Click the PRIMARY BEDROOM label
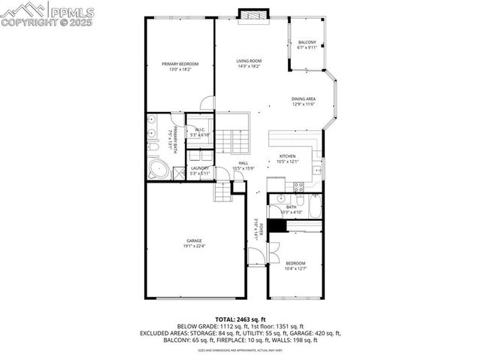pos(180,64)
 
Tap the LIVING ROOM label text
pos(249,61)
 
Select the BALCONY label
pos(307,42)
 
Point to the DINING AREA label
pos(304,98)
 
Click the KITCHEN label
pos(288,156)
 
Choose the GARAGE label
pos(194,241)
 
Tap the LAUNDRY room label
pos(199,168)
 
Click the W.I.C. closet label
pos(200,130)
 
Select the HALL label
pos(244,162)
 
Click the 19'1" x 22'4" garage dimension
pos(194,246)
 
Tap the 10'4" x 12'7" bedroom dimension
pos(295,268)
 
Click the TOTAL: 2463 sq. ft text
pos(240,319)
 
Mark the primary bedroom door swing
pos(207,104)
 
